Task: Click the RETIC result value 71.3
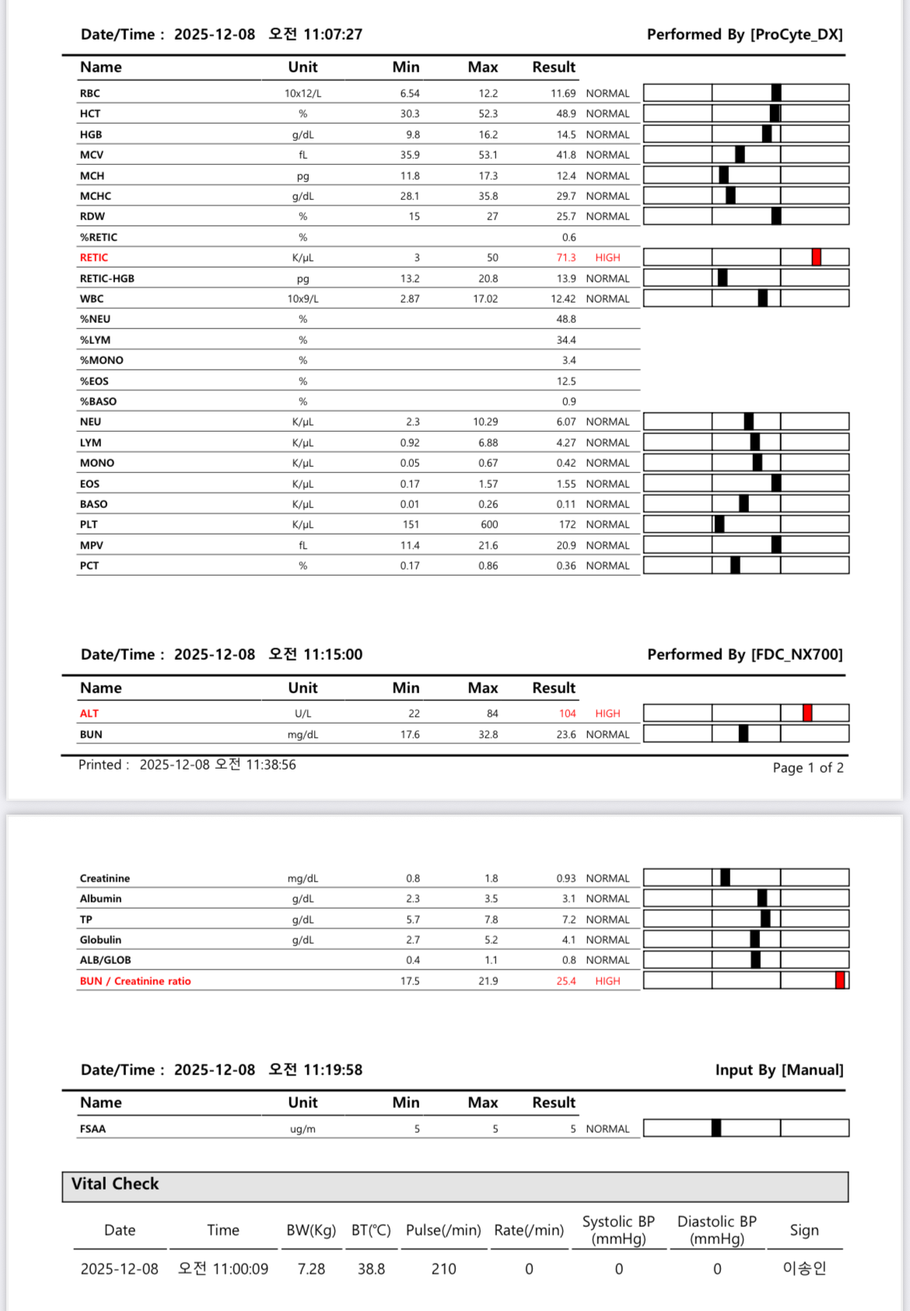tap(565, 258)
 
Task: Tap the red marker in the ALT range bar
tap(807, 713)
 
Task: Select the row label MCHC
tap(96, 196)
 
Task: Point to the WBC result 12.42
tap(563, 299)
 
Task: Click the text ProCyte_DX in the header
tap(797, 34)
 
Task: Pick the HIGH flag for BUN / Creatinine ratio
tap(607, 981)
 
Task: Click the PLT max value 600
tap(489, 524)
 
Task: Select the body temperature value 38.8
tap(371, 1269)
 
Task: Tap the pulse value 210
tap(443, 1269)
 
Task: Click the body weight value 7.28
tap(311, 1269)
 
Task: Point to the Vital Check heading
tap(115, 1184)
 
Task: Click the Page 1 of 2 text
tap(807, 768)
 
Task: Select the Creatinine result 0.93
tap(565, 878)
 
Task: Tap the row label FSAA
tap(93, 1129)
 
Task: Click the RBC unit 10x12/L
tap(303, 93)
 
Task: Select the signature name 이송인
tap(804, 1268)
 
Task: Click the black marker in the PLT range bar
tap(719, 524)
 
